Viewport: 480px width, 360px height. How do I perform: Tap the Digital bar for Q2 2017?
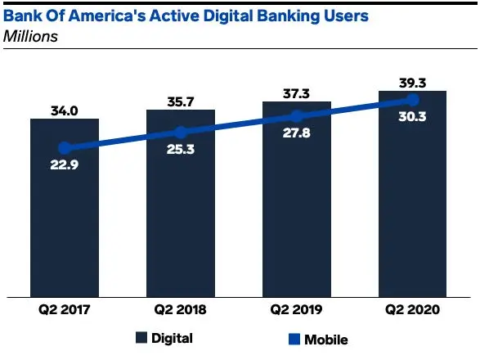tap(65, 229)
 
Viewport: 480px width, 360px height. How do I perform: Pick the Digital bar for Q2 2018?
tap(181, 229)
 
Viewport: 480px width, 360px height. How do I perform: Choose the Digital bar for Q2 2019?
tap(297, 229)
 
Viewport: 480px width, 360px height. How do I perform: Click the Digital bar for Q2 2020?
tap(413, 229)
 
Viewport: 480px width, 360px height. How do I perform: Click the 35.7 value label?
tap(181, 99)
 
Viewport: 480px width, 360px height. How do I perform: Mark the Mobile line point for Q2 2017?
tap(65, 148)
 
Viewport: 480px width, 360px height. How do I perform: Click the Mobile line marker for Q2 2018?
tap(181, 132)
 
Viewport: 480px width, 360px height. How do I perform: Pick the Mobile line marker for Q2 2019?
tap(297, 115)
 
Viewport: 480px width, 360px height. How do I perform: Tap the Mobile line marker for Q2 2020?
tap(413, 100)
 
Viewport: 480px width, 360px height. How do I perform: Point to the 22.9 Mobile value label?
tap(65, 165)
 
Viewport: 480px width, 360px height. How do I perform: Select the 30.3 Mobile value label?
tap(413, 118)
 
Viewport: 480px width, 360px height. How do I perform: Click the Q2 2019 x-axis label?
tap(297, 310)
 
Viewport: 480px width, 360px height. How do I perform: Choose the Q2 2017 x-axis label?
tap(65, 310)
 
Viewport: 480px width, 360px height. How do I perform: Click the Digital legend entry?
tap(164, 337)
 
